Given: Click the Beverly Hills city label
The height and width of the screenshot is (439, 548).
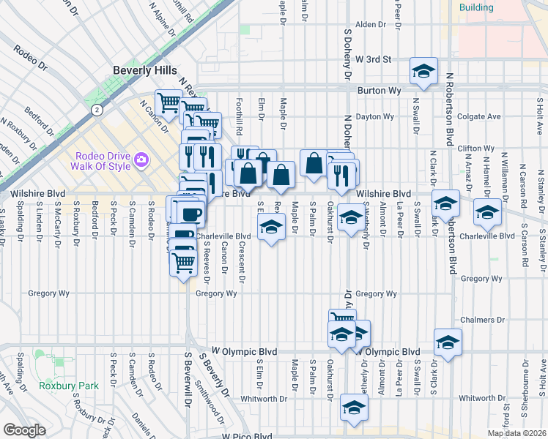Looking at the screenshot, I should tap(144, 70).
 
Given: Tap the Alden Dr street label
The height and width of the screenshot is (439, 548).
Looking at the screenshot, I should tap(370, 24).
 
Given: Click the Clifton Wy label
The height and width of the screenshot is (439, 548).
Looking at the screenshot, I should tap(475, 149).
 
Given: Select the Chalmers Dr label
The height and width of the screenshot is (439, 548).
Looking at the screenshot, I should tap(484, 320).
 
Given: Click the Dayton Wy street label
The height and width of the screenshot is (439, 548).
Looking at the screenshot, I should tap(374, 116).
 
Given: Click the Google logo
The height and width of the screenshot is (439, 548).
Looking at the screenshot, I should tap(24, 429).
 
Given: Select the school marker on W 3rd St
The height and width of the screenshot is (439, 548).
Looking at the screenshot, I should tap(423, 71).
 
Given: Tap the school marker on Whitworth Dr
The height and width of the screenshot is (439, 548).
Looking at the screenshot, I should tap(353, 408).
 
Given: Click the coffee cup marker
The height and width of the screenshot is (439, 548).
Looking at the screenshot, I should tap(191, 214).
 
